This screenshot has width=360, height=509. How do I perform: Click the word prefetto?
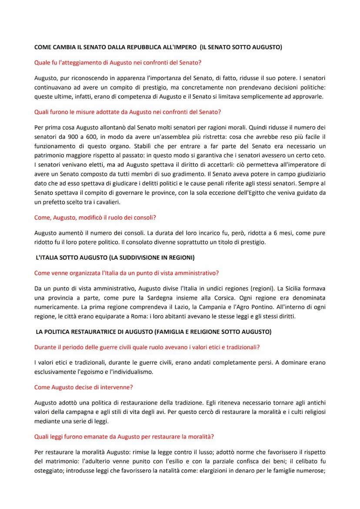(52, 202)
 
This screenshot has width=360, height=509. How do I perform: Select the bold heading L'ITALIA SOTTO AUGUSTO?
(115, 258)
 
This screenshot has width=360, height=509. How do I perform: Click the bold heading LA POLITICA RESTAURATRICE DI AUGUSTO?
(153, 332)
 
